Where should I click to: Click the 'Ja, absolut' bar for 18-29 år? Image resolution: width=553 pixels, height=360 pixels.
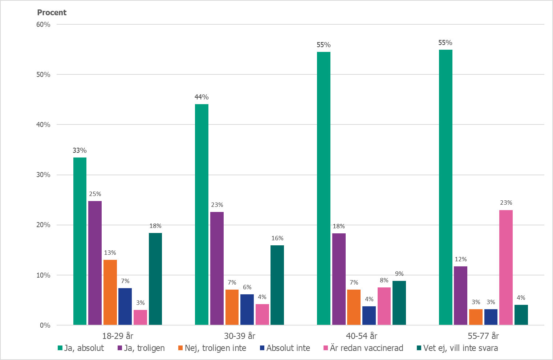click(x=80, y=241)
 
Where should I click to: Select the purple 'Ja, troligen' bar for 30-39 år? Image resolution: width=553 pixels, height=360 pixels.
click(x=217, y=268)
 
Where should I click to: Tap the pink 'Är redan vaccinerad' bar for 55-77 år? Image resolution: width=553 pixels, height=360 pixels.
click(x=506, y=267)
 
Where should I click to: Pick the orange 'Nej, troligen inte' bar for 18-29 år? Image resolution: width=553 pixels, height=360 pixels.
click(x=110, y=292)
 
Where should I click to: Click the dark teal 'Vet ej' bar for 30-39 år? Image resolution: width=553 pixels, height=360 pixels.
click(x=277, y=285)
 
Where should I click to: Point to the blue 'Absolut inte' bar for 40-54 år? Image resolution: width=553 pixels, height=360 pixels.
click(x=369, y=315)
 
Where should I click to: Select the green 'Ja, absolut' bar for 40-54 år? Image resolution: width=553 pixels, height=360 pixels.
click(x=324, y=188)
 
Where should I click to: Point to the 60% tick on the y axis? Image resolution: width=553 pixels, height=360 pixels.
click(x=43, y=24)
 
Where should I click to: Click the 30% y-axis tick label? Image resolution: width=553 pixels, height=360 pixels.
click(x=43, y=175)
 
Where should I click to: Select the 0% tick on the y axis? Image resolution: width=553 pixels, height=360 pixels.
click(x=45, y=325)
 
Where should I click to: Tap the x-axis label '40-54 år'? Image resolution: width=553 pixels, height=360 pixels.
click(x=361, y=336)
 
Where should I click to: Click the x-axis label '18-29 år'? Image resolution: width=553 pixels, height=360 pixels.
click(x=118, y=336)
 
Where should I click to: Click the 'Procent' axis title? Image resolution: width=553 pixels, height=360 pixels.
click(x=52, y=13)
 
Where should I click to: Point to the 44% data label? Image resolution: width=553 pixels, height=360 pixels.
click(x=202, y=97)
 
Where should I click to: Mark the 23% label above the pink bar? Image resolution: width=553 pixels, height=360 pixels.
click(x=506, y=202)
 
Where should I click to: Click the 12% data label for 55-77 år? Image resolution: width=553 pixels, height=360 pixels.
click(x=460, y=259)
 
